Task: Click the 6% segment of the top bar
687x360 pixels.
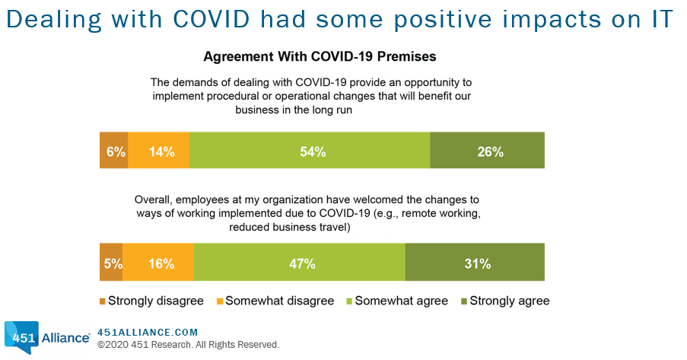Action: pos(114,150)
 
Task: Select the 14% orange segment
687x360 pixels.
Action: pos(158,150)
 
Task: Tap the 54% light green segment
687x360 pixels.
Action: pos(310,150)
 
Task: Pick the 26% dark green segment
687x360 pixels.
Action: pos(487,150)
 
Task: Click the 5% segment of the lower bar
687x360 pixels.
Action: pos(111,262)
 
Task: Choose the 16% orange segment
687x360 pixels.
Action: pos(158,262)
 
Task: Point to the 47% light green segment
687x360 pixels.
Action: pos(300,262)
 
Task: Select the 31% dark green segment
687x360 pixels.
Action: pos(475,262)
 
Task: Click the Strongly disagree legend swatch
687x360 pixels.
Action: pos(103,301)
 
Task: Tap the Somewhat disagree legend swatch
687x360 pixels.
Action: pos(220,301)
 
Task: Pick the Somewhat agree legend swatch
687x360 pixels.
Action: pos(350,301)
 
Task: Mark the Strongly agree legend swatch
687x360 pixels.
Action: pos(464,301)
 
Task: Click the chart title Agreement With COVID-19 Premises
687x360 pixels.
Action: pos(320,56)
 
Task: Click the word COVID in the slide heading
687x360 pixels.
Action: pos(212,19)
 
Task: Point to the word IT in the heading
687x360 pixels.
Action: pos(660,19)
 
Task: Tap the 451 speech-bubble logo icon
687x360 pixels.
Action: pos(21,337)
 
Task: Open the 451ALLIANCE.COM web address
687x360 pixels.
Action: pos(148,333)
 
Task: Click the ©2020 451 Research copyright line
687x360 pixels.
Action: pos(189,345)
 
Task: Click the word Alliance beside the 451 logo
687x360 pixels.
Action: pos(65,338)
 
